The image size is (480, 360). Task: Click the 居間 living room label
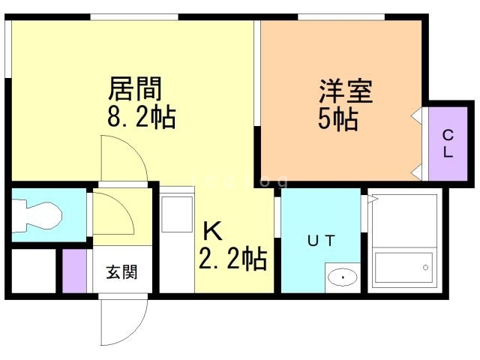[135, 88]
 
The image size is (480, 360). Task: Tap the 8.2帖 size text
[142, 117]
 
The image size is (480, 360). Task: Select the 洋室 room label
[346, 91]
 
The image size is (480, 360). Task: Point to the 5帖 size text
[338, 119]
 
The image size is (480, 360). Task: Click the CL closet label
[448, 143]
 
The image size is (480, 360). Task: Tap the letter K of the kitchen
[212, 231]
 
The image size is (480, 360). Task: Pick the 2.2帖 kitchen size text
[233, 259]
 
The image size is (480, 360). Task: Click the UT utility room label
[321, 241]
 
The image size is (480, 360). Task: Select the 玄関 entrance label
[121, 271]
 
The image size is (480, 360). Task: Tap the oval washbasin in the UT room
[342, 277]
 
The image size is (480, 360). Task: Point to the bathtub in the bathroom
[403, 267]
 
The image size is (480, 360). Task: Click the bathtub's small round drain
[425, 268]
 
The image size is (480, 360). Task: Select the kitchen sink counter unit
[177, 239]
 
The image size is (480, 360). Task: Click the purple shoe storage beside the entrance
[74, 271]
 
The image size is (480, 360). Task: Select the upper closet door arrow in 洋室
[416, 116]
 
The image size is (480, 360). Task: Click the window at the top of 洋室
[341, 17]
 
